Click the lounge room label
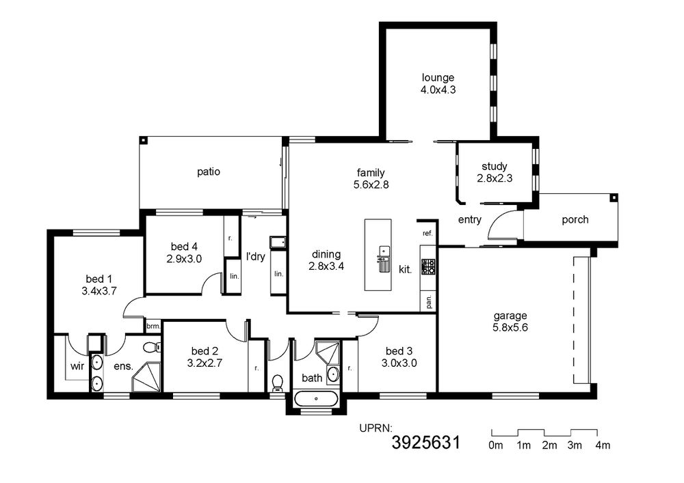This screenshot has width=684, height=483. point(438,78)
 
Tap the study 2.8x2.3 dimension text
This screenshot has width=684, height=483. point(495,178)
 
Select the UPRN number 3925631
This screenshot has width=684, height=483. point(425,443)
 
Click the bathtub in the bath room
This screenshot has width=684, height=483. point(316,398)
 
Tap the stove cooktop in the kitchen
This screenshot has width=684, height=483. point(428,266)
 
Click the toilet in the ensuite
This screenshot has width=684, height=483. point(152,347)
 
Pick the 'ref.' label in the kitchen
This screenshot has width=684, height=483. point(428,234)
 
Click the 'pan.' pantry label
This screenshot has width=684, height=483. point(429,301)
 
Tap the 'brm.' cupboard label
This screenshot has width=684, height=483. point(153,326)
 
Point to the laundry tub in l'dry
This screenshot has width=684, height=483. point(278,242)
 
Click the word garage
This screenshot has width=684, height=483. point(510,316)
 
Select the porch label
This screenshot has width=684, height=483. point(575,220)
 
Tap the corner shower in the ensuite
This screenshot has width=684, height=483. point(146,377)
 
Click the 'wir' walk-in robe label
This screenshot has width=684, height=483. point(77,366)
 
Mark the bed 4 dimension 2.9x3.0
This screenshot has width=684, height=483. point(184,259)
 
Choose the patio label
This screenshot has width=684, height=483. point(209,172)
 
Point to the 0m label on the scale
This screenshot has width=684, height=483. point(496,445)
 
